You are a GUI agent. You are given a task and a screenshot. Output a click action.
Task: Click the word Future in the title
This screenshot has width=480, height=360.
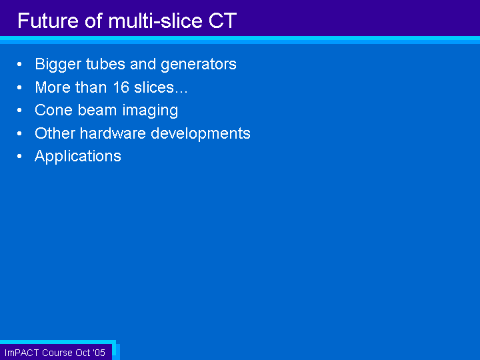pyautogui.click(x=48, y=21)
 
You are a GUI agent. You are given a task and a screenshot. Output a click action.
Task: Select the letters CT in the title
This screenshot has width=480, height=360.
pyautogui.click(x=223, y=21)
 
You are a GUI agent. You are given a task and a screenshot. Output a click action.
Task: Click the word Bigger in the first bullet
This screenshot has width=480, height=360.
pyautogui.click(x=58, y=65)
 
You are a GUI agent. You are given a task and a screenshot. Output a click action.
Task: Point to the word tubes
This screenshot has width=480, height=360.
pyautogui.click(x=105, y=64)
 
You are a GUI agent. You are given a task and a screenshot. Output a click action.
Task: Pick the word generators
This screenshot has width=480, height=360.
pyautogui.click(x=199, y=65)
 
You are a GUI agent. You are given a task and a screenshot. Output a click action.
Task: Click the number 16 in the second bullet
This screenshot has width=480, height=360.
pyautogui.click(x=121, y=87)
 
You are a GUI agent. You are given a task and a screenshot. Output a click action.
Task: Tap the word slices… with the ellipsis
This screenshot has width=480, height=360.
pyautogui.click(x=161, y=87)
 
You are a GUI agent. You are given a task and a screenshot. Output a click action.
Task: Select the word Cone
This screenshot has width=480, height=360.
pyautogui.click(x=54, y=110)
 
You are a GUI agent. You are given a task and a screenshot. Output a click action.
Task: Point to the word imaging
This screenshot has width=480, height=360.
pyautogui.click(x=150, y=111)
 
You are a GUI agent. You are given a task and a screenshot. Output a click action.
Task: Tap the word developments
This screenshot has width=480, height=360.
pyautogui.click(x=201, y=134)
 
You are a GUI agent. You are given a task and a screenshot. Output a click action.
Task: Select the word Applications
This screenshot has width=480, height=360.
pyautogui.click(x=78, y=157)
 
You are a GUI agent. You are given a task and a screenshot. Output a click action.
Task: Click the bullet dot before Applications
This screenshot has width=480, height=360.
pyautogui.click(x=19, y=156)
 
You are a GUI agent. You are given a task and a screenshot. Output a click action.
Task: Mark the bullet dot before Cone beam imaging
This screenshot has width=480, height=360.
pyautogui.click(x=19, y=110)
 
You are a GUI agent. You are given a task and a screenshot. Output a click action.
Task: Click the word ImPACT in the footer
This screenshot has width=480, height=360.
pyautogui.click(x=21, y=353)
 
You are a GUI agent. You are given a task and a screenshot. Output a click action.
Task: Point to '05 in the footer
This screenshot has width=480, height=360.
pyautogui.click(x=99, y=353)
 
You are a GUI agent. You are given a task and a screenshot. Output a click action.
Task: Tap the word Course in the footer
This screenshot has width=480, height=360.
pyautogui.click(x=57, y=353)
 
